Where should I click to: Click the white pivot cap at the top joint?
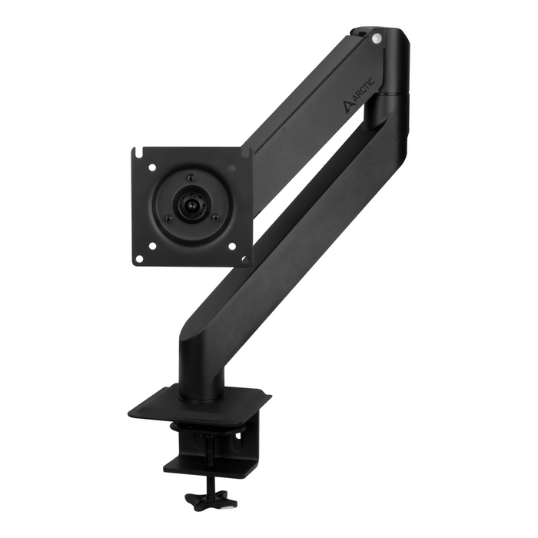click(376, 36)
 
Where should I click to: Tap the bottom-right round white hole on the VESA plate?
click(231, 246)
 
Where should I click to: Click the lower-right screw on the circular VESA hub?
click(214, 218)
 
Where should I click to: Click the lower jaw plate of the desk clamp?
click(208, 466)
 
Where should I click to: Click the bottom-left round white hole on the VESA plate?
click(152, 246)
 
